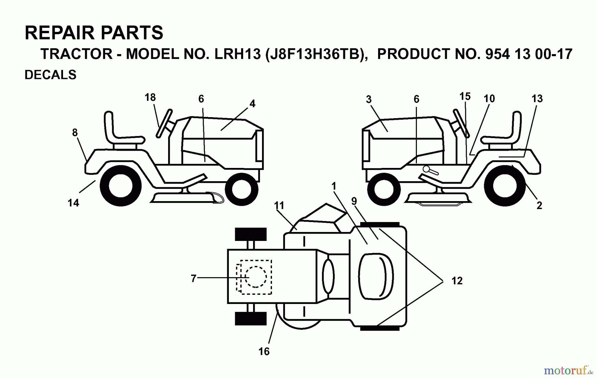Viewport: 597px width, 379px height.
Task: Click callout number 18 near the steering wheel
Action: [150, 97]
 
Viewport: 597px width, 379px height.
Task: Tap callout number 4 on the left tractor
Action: [252, 104]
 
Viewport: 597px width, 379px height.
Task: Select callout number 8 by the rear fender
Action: [75, 133]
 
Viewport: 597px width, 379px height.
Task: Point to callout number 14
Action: [73, 203]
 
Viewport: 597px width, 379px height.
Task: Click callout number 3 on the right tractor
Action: [369, 100]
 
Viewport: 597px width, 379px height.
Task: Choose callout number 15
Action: [465, 97]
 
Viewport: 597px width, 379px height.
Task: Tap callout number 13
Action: [537, 99]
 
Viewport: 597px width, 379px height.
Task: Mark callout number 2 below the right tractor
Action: [539, 205]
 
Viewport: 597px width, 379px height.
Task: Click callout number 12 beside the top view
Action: [457, 281]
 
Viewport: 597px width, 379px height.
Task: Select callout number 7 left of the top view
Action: [194, 278]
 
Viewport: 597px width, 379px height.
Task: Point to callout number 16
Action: [264, 351]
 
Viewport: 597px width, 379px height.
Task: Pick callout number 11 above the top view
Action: [279, 206]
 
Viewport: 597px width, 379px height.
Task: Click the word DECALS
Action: [50, 75]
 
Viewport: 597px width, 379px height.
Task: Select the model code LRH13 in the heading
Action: [238, 54]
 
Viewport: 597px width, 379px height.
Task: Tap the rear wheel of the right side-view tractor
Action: [504, 186]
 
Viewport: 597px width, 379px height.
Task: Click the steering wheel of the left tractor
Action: [165, 123]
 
